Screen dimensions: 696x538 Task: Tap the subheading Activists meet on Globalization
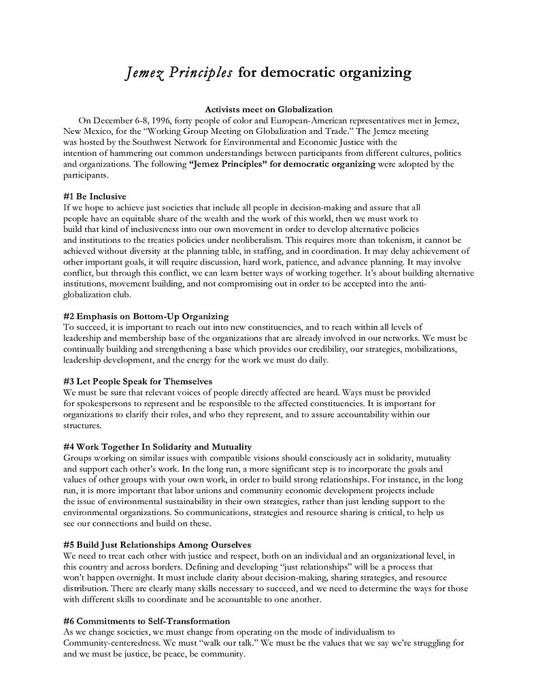tap(269, 109)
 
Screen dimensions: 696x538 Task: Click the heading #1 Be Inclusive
tap(94, 197)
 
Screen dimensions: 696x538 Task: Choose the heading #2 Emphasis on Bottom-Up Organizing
tap(146, 316)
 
